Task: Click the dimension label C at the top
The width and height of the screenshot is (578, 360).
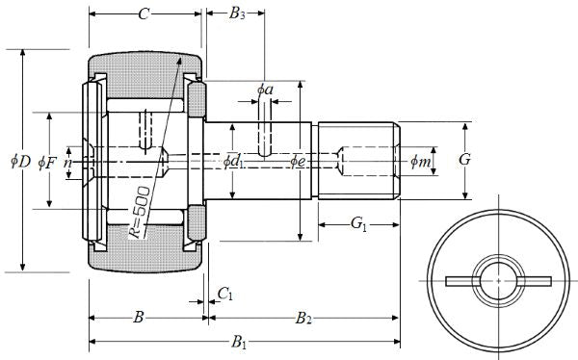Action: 144,14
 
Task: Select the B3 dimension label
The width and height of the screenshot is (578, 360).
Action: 237,13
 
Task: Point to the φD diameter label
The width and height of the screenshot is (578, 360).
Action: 20,161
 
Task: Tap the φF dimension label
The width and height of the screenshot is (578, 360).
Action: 47,163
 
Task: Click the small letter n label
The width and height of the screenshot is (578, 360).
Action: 67,164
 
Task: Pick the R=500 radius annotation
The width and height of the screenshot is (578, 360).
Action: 140,212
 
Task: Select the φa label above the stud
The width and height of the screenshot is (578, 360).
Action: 265,90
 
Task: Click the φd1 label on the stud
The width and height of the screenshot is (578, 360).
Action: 234,162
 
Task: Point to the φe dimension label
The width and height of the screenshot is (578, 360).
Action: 298,161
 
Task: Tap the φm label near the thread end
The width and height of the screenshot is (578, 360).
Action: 421,161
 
